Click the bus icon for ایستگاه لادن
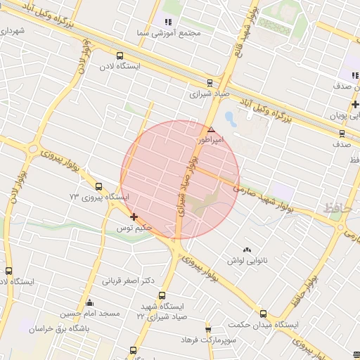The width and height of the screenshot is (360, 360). (120, 56)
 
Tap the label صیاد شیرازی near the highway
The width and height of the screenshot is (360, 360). (210, 94)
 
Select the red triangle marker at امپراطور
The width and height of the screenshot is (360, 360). (211, 129)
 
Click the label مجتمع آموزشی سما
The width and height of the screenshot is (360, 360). (171, 33)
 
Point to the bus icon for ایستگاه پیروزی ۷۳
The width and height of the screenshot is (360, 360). (98, 187)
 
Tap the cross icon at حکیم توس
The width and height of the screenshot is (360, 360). (134, 217)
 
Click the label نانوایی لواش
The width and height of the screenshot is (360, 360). (247, 260)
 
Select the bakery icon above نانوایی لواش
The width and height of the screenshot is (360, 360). (246, 250)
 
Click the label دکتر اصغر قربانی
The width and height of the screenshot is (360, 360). (129, 281)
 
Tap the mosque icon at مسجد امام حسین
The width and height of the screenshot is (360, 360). (89, 303)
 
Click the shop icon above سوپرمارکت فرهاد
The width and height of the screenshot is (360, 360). (208, 329)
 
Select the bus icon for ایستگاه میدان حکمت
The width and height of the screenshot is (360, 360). (263, 314)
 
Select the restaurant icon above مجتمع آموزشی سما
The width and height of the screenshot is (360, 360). (167, 21)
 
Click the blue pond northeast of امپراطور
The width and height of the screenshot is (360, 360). (230, 117)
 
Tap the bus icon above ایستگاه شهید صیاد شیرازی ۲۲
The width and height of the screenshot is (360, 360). (162, 296)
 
